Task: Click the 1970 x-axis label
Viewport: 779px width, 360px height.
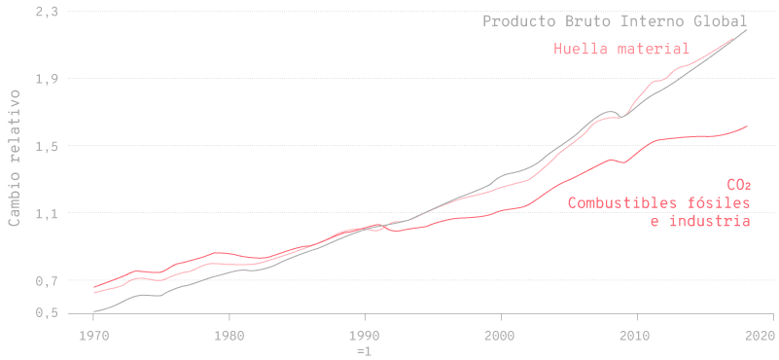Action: tap(93, 336)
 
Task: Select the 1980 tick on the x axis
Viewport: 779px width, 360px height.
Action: tap(230, 336)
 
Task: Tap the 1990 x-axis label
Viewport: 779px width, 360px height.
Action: tap(365, 336)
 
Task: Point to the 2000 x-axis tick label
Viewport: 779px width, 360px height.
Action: tap(501, 336)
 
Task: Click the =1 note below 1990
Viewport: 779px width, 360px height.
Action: tap(365, 349)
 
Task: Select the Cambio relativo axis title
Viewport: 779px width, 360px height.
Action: tap(14, 156)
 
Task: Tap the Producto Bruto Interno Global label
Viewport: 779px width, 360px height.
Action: tap(615, 21)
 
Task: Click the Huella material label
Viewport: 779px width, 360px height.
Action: tap(621, 48)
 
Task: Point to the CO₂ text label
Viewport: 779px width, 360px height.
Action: tap(738, 185)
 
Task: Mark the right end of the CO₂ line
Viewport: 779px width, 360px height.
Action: tap(747, 126)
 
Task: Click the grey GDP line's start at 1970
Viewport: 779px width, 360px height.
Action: tap(94, 311)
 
